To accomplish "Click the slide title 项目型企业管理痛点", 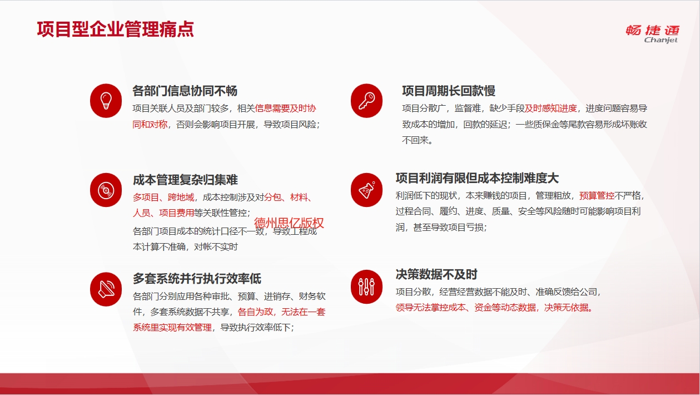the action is pyautogui.click(x=115, y=29).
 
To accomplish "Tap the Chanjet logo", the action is pyautogui.click(x=653, y=34).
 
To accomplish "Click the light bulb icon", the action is pyautogui.click(x=106, y=101).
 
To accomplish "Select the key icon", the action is pyautogui.click(x=366, y=101).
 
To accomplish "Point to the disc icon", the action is pyautogui.click(x=106, y=190).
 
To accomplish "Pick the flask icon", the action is pyautogui.click(x=366, y=190).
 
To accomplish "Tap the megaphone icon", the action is pyautogui.click(x=106, y=289).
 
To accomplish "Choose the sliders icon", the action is pyautogui.click(x=366, y=287).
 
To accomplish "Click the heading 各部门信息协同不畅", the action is pyautogui.click(x=185, y=91).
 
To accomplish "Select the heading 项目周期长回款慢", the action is pyautogui.click(x=449, y=91).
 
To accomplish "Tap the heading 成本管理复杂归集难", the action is pyautogui.click(x=185, y=180).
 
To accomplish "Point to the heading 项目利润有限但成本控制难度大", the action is pyautogui.click(x=477, y=178).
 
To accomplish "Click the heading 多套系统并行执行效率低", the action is pyautogui.click(x=197, y=278).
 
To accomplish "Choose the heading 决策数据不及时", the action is pyautogui.click(x=436, y=274).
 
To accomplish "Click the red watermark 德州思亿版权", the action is pyautogui.click(x=289, y=223).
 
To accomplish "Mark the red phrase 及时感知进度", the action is pyautogui.click(x=550, y=108).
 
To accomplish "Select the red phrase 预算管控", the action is pyautogui.click(x=597, y=195).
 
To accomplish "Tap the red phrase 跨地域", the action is pyautogui.click(x=181, y=197).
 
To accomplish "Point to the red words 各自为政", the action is pyautogui.click(x=255, y=312).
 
